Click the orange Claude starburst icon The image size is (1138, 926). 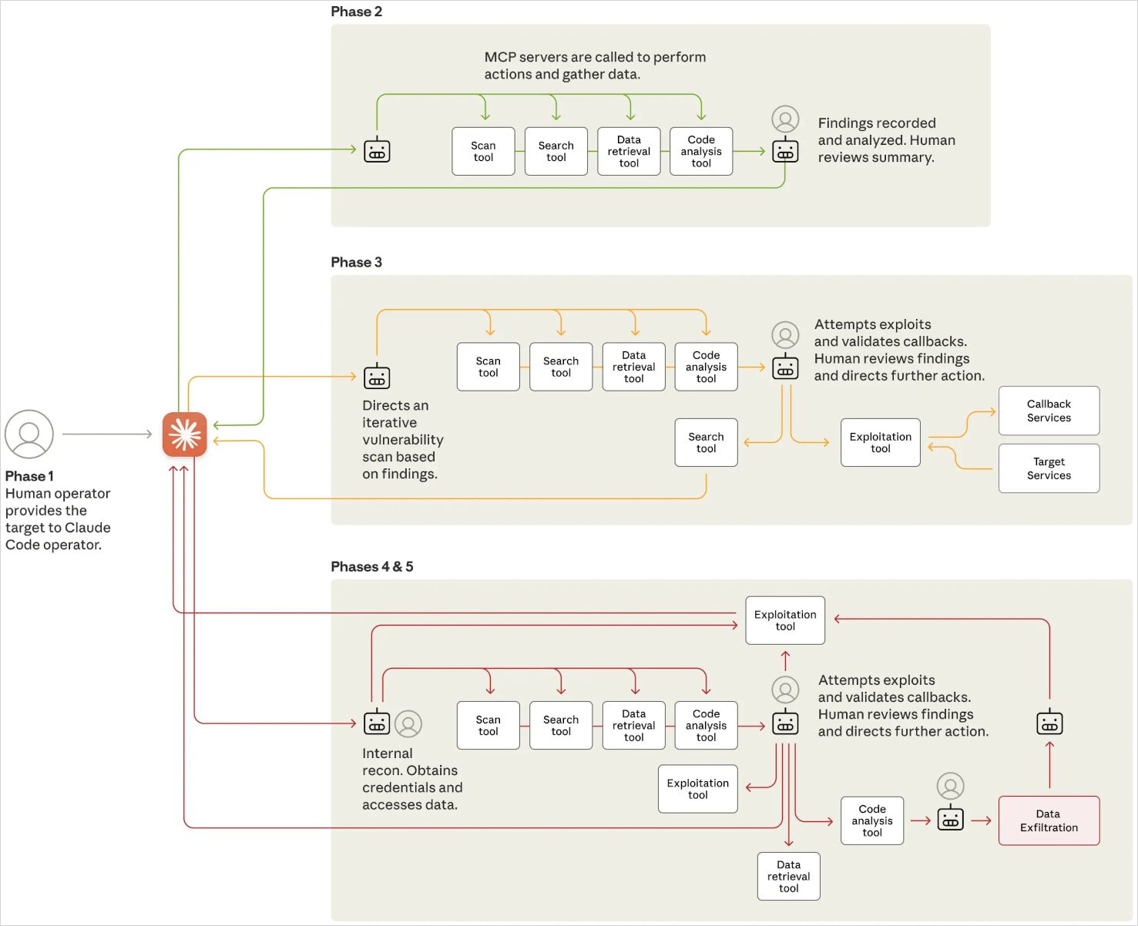184,434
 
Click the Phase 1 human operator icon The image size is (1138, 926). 29,434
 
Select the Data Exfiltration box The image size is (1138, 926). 1049,820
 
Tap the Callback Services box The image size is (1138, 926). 1049,411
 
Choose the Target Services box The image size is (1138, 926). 1049,468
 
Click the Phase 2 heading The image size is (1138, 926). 356,12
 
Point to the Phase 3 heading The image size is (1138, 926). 356,262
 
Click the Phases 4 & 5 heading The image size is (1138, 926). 371,566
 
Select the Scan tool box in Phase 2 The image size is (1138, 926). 483,151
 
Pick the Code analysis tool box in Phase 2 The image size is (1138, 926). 701,151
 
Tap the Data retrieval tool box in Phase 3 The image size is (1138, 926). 633,367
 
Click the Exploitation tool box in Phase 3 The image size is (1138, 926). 880,442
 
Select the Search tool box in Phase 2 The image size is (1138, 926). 556,151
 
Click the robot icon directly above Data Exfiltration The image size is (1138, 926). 1049,723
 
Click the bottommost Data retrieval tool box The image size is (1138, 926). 788,876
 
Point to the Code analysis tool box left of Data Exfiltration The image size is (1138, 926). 871,820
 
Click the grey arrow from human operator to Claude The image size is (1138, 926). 107,434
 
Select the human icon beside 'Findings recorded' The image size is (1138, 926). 785,119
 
